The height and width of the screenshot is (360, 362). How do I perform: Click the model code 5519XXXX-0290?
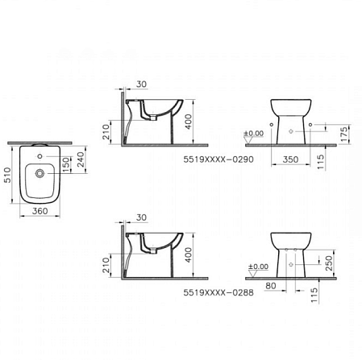tap(214, 160)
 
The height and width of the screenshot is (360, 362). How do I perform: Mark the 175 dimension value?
tap(345, 130)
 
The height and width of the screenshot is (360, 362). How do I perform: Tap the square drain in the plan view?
tap(40, 172)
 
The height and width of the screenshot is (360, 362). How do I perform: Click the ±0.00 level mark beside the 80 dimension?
tap(259, 266)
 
